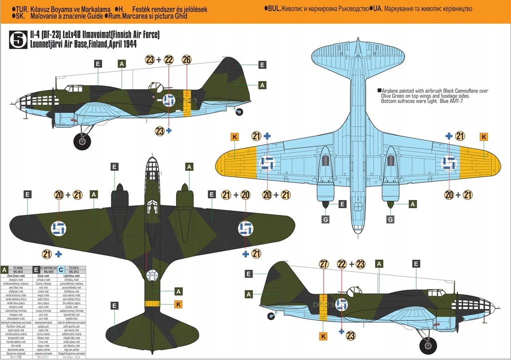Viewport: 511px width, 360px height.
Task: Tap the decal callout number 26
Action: pos(187,60)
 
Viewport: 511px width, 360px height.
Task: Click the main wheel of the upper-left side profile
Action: pos(82,141)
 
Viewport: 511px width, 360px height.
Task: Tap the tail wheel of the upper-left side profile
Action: pos(240,112)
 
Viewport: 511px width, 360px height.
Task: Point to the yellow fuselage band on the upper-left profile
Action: pos(187,103)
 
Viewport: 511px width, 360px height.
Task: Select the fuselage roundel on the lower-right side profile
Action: pos(341,304)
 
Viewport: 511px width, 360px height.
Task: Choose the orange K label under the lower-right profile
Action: pos(323,336)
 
